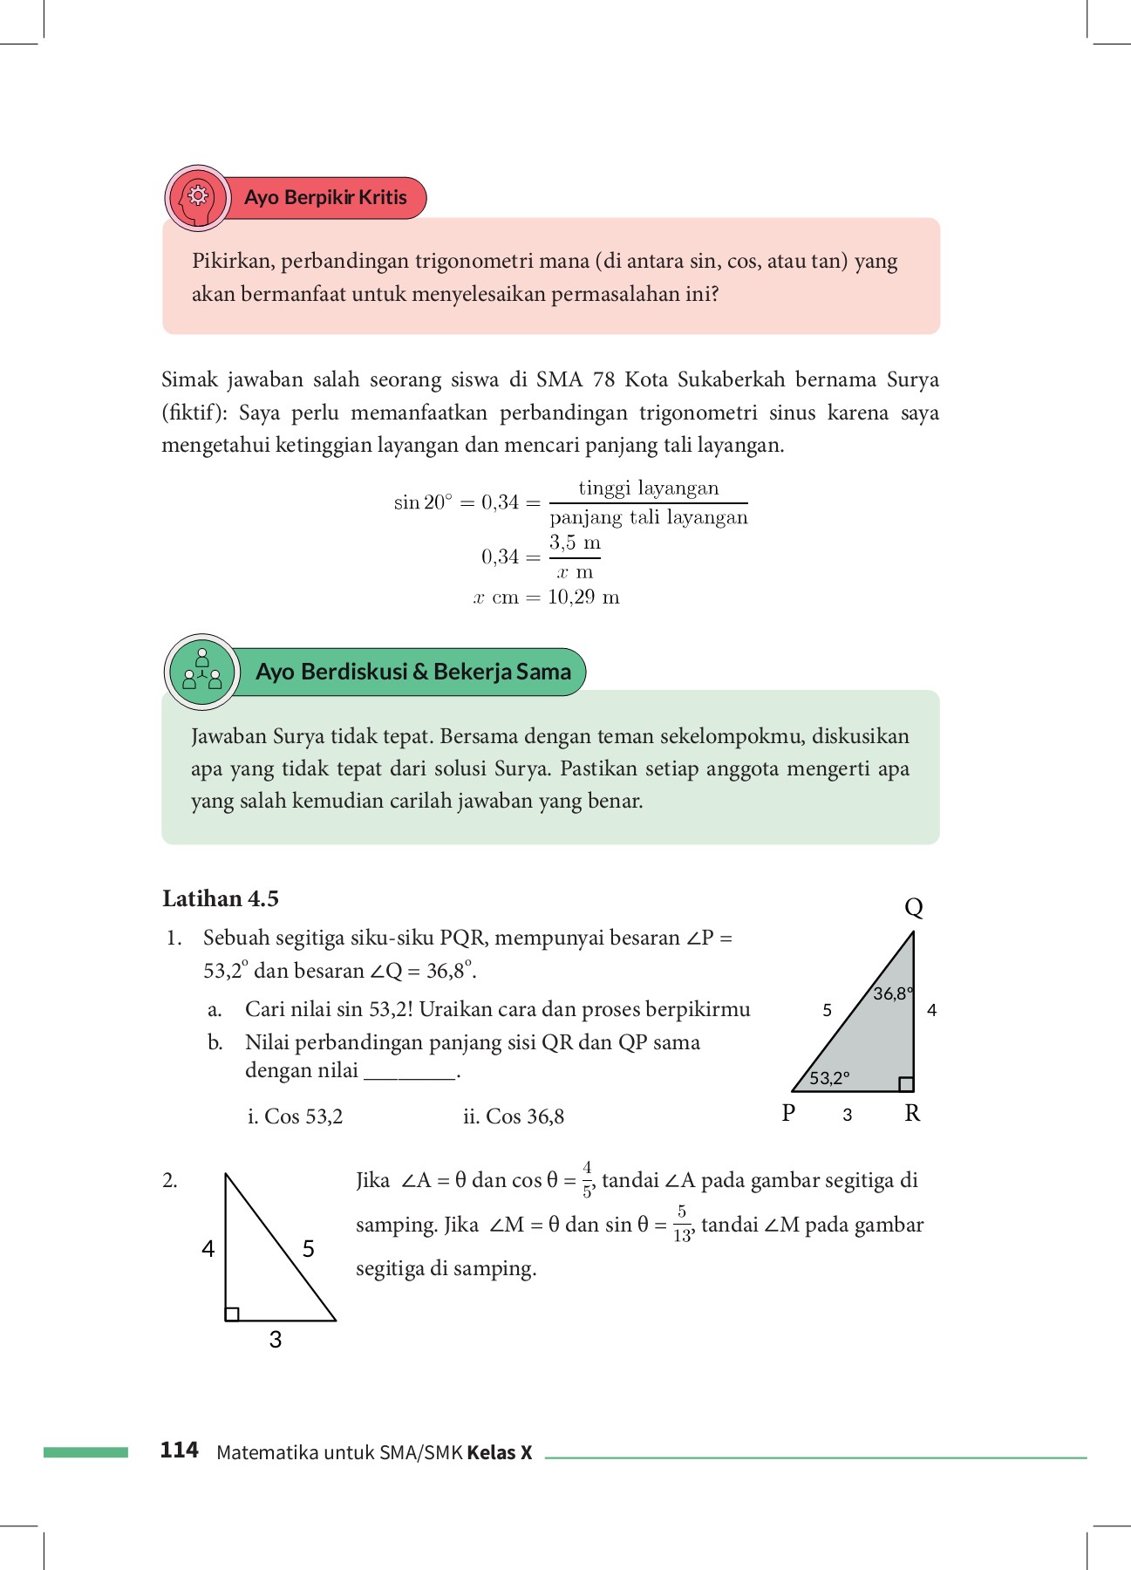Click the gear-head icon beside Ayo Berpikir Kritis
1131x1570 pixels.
click(x=199, y=197)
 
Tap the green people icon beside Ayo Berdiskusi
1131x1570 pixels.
click(x=202, y=672)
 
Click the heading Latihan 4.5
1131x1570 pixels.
click(x=221, y=898)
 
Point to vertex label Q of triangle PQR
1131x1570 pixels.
click(x=913, y=908)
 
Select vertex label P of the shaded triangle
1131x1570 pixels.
click(x=789, y=1113)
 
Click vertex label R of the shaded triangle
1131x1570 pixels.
click(x=912, y=1113)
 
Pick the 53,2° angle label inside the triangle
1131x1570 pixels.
click(x=829, y=1078)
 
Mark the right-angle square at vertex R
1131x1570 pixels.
click(x=906, y=1084)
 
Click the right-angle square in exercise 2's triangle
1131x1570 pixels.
click(x=232, y=1314)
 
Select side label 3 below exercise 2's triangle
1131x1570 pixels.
click(x=276, y=1340)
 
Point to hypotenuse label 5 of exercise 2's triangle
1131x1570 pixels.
click(x=309, y=1249)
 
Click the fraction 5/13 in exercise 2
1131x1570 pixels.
click(x=682, y=1224)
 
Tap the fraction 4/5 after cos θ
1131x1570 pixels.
click(x=588, y=1179)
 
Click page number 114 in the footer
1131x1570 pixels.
click(x=180, y=1451)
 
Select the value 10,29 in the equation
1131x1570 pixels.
click(x=571, y=597)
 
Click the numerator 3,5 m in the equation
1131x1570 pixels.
click(x=575, y=543)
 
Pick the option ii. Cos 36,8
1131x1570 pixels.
click(x=514, y=1116)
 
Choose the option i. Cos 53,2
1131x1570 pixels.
click(x=296, y=1116)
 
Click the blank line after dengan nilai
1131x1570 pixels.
click(x=410, y=1073)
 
